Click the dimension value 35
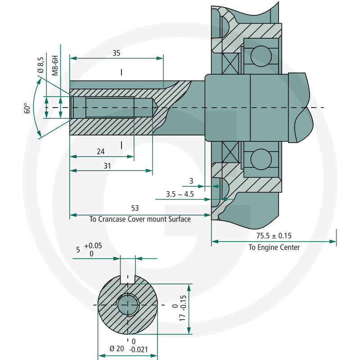pyautogui.click(x=117, y=53)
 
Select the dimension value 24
pyautogui.click(x=100, y=152)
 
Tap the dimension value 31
pyautogui.click(x=107, y=166)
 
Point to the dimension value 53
pyautogui.click(x=135, y=208)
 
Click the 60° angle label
pyautogui.click(x=27, y=108)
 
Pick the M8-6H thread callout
pyautogui.click(x=55, y=65)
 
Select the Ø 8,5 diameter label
pyautogui.click(x=40, y=65)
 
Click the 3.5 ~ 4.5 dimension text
pyautogui.click(x=180, y=194)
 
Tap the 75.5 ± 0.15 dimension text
pyautogui.click(x=274, y=236)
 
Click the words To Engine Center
pyautogui.click(x=274, y=247)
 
